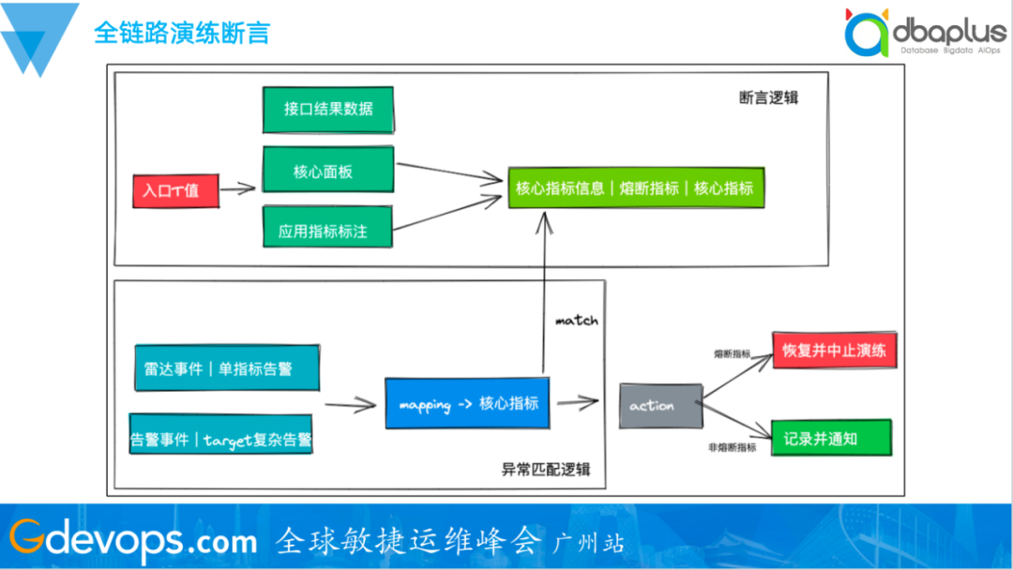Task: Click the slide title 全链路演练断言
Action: tap(182, 33)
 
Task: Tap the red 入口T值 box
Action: tap(171, 190)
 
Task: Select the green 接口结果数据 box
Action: tap(328, 109)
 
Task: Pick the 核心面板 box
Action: tap(328, 172)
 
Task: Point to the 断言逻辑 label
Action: tap(768, 97)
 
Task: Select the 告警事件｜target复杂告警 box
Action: tap(221, 437)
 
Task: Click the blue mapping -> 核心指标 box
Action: tap(467, 404)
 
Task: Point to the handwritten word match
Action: tap(576, 321)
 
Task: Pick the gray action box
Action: tap(660, 406)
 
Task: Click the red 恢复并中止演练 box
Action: tap(833, 351)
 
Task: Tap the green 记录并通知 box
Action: tap(832, 438)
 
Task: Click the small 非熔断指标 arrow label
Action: tap(733, 448)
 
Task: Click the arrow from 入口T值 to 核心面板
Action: tap(239, 189)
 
